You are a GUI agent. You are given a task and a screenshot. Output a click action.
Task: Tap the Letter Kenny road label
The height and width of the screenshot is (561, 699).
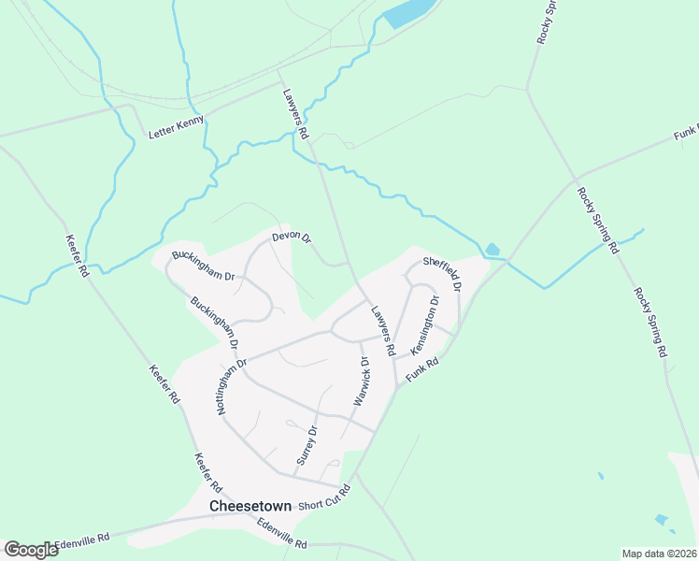176,128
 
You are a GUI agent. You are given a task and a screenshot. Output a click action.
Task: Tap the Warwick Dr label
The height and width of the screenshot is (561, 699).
362,381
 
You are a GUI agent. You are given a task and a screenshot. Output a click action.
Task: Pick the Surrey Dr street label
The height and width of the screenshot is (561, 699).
307,446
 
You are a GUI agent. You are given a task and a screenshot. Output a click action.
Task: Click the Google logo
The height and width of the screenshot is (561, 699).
31,550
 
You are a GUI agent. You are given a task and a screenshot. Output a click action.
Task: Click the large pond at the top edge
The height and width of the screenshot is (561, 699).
408,13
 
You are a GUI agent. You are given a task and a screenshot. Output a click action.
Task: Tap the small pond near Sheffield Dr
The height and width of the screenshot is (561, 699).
492,250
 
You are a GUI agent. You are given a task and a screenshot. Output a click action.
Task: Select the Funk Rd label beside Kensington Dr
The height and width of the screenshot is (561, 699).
422,370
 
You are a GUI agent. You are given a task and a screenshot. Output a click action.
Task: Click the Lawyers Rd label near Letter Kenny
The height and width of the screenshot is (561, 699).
295,113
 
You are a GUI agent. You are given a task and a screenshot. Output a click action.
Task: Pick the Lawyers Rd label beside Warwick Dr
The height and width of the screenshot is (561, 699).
383,331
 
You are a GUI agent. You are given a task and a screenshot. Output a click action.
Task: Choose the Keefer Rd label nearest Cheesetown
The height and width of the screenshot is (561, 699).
207,474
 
